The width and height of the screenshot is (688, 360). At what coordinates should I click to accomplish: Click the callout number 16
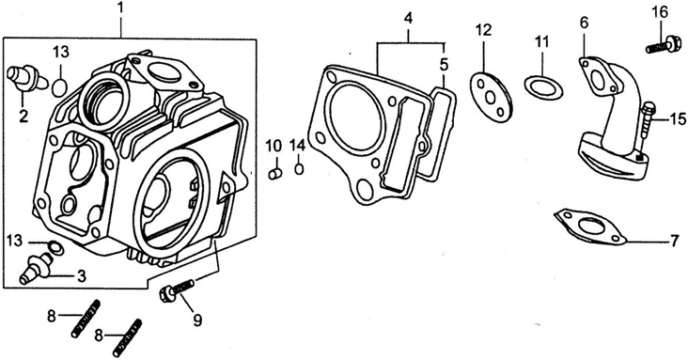click(660, 12)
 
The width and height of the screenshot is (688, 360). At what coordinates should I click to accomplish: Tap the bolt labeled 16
click(661, 45)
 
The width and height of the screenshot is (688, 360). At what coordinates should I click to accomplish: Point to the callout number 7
click(675, 241)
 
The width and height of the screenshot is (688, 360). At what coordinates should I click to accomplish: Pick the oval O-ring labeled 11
click(543, 87)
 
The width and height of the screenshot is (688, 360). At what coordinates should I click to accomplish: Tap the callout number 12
click(483, 30)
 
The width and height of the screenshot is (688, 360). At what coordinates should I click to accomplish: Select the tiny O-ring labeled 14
click(299, 168)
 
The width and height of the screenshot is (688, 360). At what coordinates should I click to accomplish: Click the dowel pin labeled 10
click(274, 173)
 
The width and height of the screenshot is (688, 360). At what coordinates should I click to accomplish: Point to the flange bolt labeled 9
click(178, 290)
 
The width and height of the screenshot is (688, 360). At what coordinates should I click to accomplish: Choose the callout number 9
click(197, 320)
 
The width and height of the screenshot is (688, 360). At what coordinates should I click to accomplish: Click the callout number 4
click(409, 19)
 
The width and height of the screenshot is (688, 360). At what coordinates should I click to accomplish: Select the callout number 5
click(444, 65)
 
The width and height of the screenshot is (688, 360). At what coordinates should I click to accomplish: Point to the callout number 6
click(584, 23)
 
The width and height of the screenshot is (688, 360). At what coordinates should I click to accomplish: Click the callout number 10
click(274, 145)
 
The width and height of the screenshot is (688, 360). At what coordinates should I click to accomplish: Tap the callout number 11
click(542, 42)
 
